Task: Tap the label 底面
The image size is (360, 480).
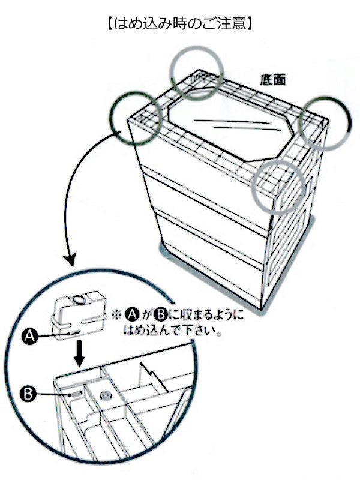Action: (272, 80)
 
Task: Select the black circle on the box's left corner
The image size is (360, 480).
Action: (136, 118)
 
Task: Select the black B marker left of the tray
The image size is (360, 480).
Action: (27, 394)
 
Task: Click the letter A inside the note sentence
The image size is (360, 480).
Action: (133, 314)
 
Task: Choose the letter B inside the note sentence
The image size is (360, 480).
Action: (160, 314)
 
